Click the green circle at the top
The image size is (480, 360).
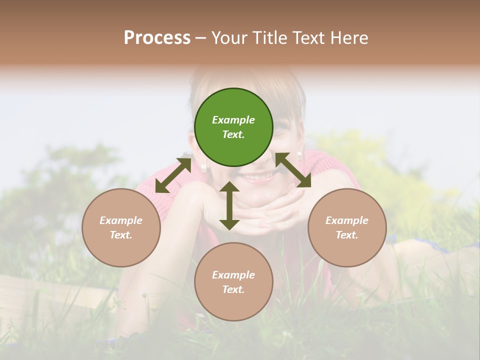tap(233, 127)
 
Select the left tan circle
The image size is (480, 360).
tap(121, 227)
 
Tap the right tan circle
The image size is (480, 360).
tap(346, 227)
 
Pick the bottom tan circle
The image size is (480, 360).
tap(233, 281)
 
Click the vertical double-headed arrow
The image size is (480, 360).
tap(229, 205)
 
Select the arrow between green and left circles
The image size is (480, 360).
tap(173, 175)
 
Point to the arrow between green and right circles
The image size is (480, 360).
tap(293, 170)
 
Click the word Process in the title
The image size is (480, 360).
tap(157, 37)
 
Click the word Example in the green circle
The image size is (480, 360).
tap(233, 120)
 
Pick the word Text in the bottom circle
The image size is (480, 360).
tap(232, 289)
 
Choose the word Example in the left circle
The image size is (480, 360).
tap(121, 220)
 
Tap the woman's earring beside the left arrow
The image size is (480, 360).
tap(204, 167)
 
